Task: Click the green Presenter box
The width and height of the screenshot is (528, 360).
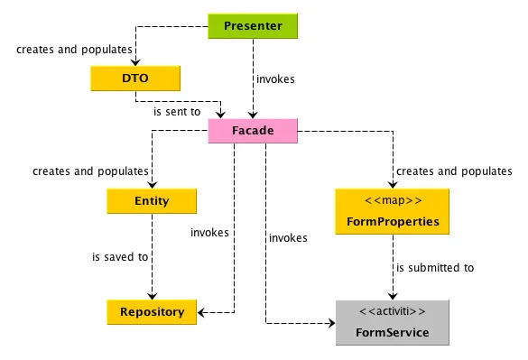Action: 252,25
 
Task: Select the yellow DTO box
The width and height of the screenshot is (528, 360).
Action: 135,78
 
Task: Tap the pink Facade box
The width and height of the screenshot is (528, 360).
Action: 253,132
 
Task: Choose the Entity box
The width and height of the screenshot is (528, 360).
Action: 152,201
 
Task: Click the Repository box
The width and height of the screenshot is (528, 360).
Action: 152,312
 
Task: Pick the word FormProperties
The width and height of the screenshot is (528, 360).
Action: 393,221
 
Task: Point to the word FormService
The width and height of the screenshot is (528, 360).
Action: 393,333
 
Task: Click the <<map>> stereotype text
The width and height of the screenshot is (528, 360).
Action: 393,200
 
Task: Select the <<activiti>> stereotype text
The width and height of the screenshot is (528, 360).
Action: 393,312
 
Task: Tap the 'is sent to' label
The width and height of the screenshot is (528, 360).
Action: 176,112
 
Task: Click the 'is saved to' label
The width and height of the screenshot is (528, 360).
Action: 120,257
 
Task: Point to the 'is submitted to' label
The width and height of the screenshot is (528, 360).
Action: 434,268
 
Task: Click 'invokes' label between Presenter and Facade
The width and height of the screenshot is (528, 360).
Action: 275,79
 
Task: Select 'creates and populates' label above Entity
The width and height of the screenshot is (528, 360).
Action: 90,171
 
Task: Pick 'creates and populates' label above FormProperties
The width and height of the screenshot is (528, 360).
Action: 453,171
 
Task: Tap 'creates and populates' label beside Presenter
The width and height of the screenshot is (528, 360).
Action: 74,49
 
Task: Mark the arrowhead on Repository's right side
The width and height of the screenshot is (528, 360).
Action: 202,313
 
